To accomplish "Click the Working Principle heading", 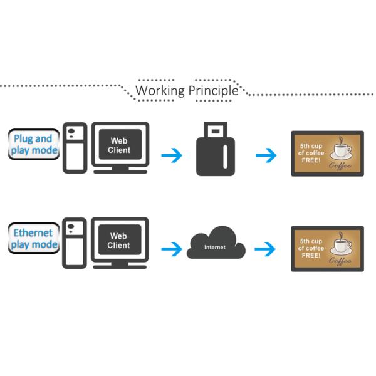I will click(187, 90).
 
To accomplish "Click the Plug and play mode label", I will click(34, 144).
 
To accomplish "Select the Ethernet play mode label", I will click(34, 239).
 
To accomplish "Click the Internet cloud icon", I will click(215, 244).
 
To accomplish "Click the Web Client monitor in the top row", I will click(120, 147).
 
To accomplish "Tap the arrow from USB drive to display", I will click(266, 154).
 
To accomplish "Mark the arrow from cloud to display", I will click(266, 249).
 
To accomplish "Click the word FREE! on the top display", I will click(311, 161).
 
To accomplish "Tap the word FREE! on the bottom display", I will click(311, 256).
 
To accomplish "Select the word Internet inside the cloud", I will click(214, 248).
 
